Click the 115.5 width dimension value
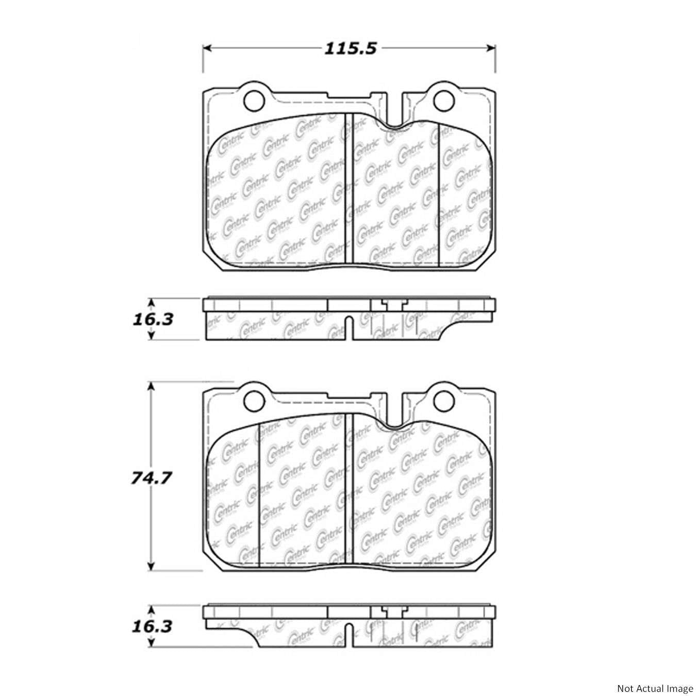point(351,49)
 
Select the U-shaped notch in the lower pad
point(394,420)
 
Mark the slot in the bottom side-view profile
point(349,635)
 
